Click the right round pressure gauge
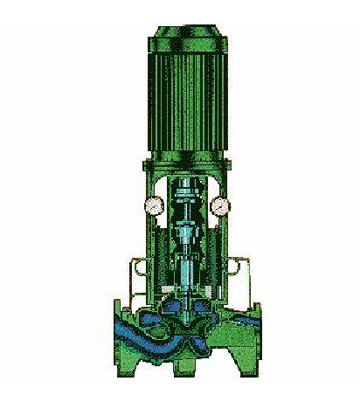click(x=219, y=206)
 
